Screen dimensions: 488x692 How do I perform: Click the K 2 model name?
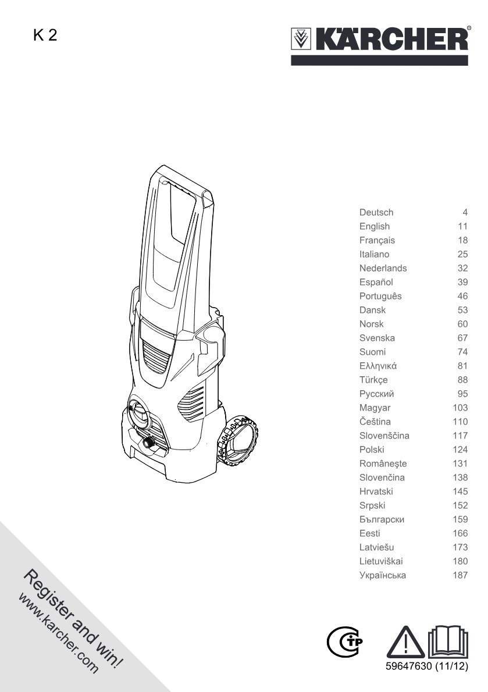coord(45,35)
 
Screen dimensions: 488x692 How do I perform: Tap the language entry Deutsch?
coord(376,212)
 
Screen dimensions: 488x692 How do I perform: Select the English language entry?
coord(374,226)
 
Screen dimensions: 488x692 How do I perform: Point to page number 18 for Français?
coord(462,240)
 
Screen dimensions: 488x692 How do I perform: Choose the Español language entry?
coord(376,282)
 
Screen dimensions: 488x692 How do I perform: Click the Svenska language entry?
coord(377,338)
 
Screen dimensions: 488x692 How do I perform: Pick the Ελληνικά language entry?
coord(377,366)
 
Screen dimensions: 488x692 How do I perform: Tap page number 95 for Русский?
coord(462,394)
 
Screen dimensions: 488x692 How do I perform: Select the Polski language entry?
coord(372,450)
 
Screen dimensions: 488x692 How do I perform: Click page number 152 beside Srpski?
coord(460,505)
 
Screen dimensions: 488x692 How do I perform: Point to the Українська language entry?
coord(383,575)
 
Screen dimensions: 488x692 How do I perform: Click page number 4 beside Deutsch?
coord(465,212)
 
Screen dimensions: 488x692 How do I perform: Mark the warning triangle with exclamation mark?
coord(405,642)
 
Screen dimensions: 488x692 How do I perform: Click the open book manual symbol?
coord(448,641)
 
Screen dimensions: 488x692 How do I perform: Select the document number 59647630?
coord(408,666)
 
